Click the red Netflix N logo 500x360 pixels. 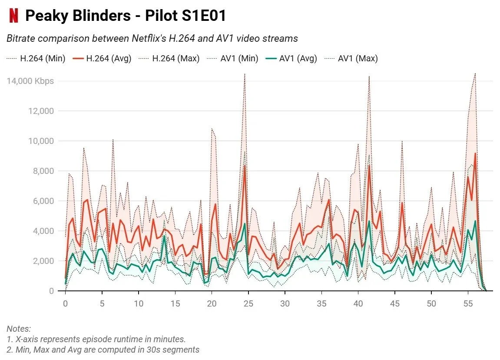pos(14,16)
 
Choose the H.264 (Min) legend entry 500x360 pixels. pos(36,58)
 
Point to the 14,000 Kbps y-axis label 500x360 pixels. pos(30,81)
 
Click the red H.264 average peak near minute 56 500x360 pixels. pos(475,153)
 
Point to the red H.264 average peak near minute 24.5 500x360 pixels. pos(245,165)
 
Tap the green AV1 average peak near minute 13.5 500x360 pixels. pos(164,236)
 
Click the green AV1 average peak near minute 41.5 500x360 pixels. pos(369,221)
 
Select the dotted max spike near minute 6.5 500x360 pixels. pos(113,140)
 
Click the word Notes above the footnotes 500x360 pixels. pos(19,329)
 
